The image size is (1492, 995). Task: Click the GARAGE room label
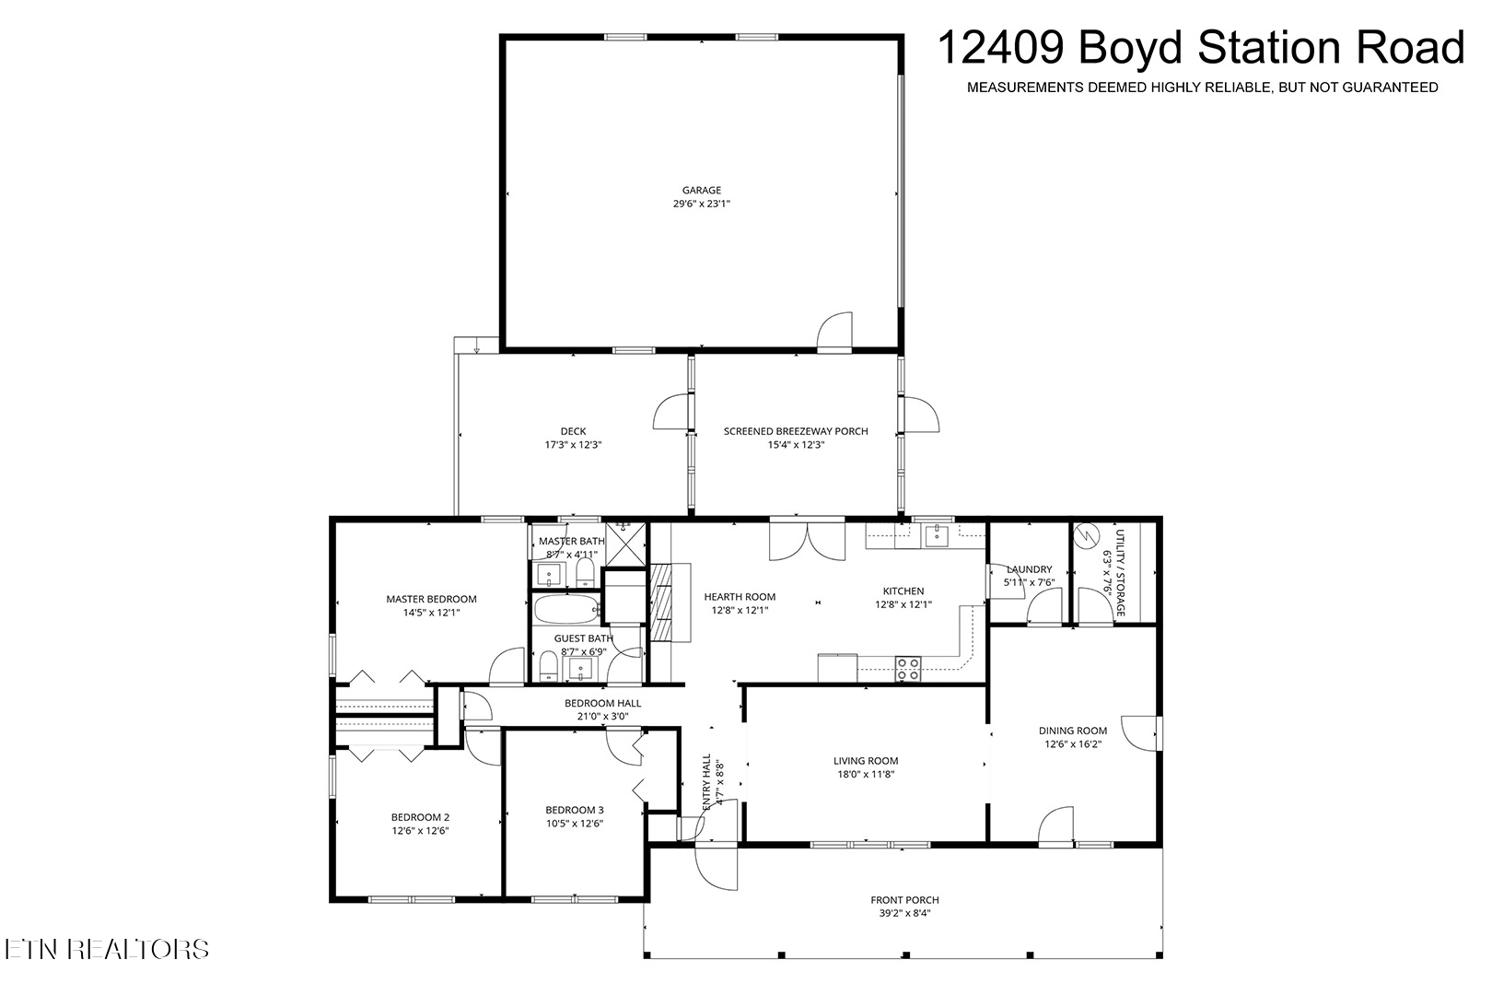(x=702, y=190)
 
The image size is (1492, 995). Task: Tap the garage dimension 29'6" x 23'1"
(x=702, y=204)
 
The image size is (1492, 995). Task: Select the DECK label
(x=574, y=431)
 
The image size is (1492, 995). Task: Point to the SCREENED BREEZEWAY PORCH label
(x=796, y=431)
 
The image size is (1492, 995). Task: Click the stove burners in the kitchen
(x=908, y=669)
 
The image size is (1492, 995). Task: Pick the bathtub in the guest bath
(x=566, y=608)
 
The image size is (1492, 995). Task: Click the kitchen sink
(x=938, y=534)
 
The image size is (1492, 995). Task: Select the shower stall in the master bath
(x=625, y=544)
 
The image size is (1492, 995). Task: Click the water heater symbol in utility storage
(x=1085, y=535)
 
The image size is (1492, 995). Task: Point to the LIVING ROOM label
(x=866, y=760)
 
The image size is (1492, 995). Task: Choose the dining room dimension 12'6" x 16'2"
(x=1073, y=744)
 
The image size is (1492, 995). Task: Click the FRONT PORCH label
(x=904, y=900)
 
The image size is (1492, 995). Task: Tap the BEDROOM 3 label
(x=575, y=810)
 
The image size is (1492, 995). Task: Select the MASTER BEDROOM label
(x=432, y=599)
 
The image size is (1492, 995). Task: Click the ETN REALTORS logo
(x=107, y=949)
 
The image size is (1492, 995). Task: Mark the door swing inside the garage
(x=834, y=331)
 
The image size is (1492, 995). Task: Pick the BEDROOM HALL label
(x=603, y=703)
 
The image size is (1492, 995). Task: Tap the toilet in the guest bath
(x=548, y=666)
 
